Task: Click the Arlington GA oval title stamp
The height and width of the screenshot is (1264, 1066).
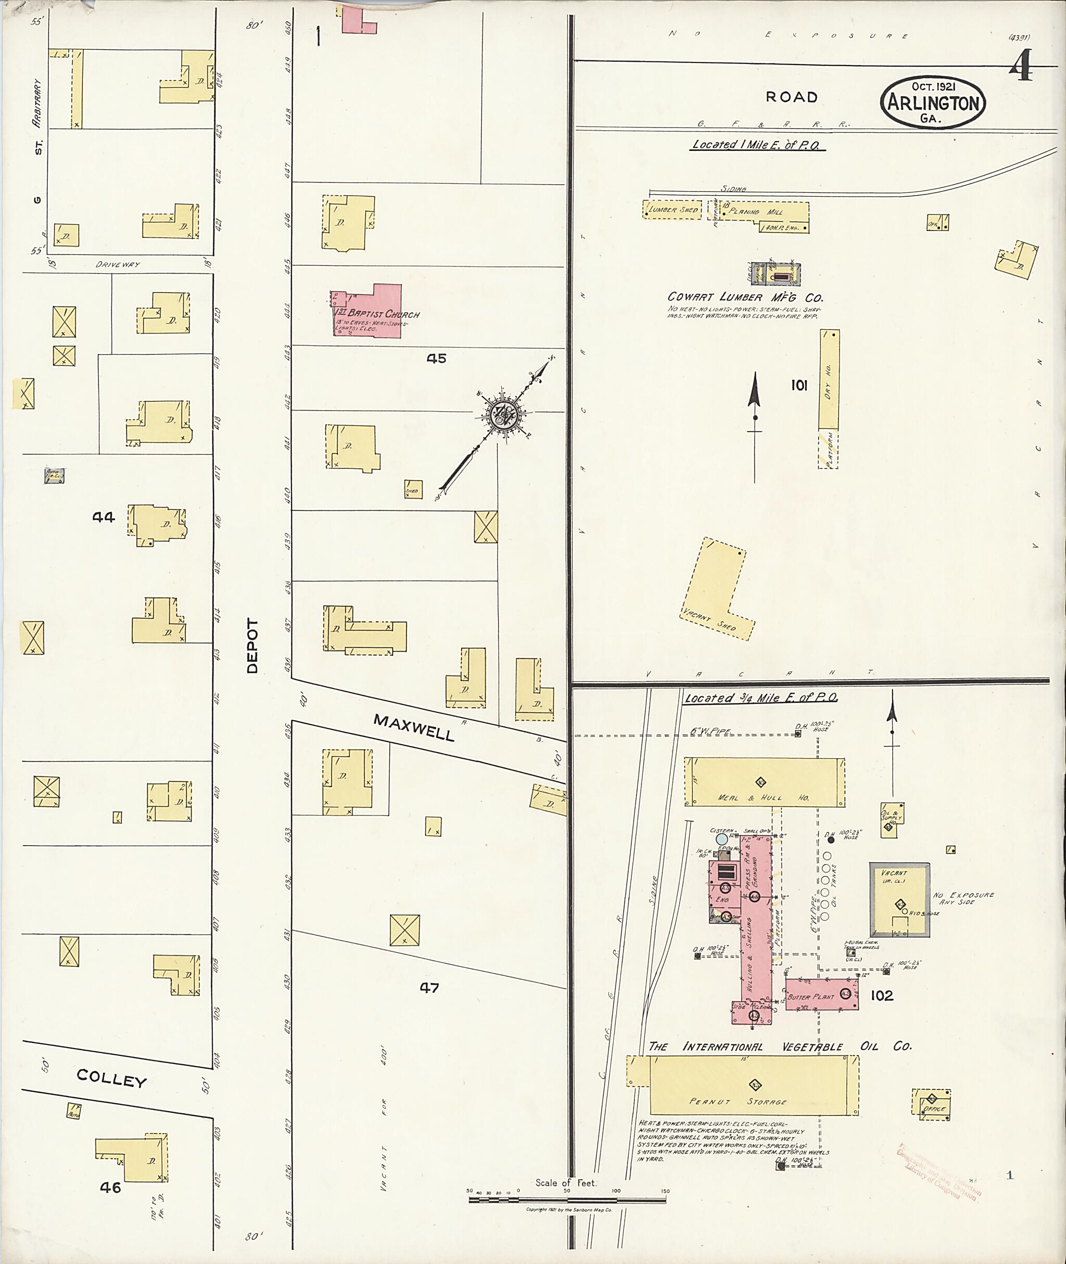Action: coord(932,102)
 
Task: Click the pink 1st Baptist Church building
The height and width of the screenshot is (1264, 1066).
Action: coord(375,312)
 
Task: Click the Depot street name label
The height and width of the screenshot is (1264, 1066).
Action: coord(252,646)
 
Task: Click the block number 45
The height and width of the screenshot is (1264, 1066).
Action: coord(436,359)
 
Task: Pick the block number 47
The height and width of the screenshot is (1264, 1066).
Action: coord(429,987)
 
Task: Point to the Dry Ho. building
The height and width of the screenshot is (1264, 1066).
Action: coord(829,380)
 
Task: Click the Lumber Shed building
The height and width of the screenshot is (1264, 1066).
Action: coord(671,210)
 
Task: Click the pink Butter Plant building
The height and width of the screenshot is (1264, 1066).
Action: coord(821,994)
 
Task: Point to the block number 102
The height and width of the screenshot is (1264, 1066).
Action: coord(882,995)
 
